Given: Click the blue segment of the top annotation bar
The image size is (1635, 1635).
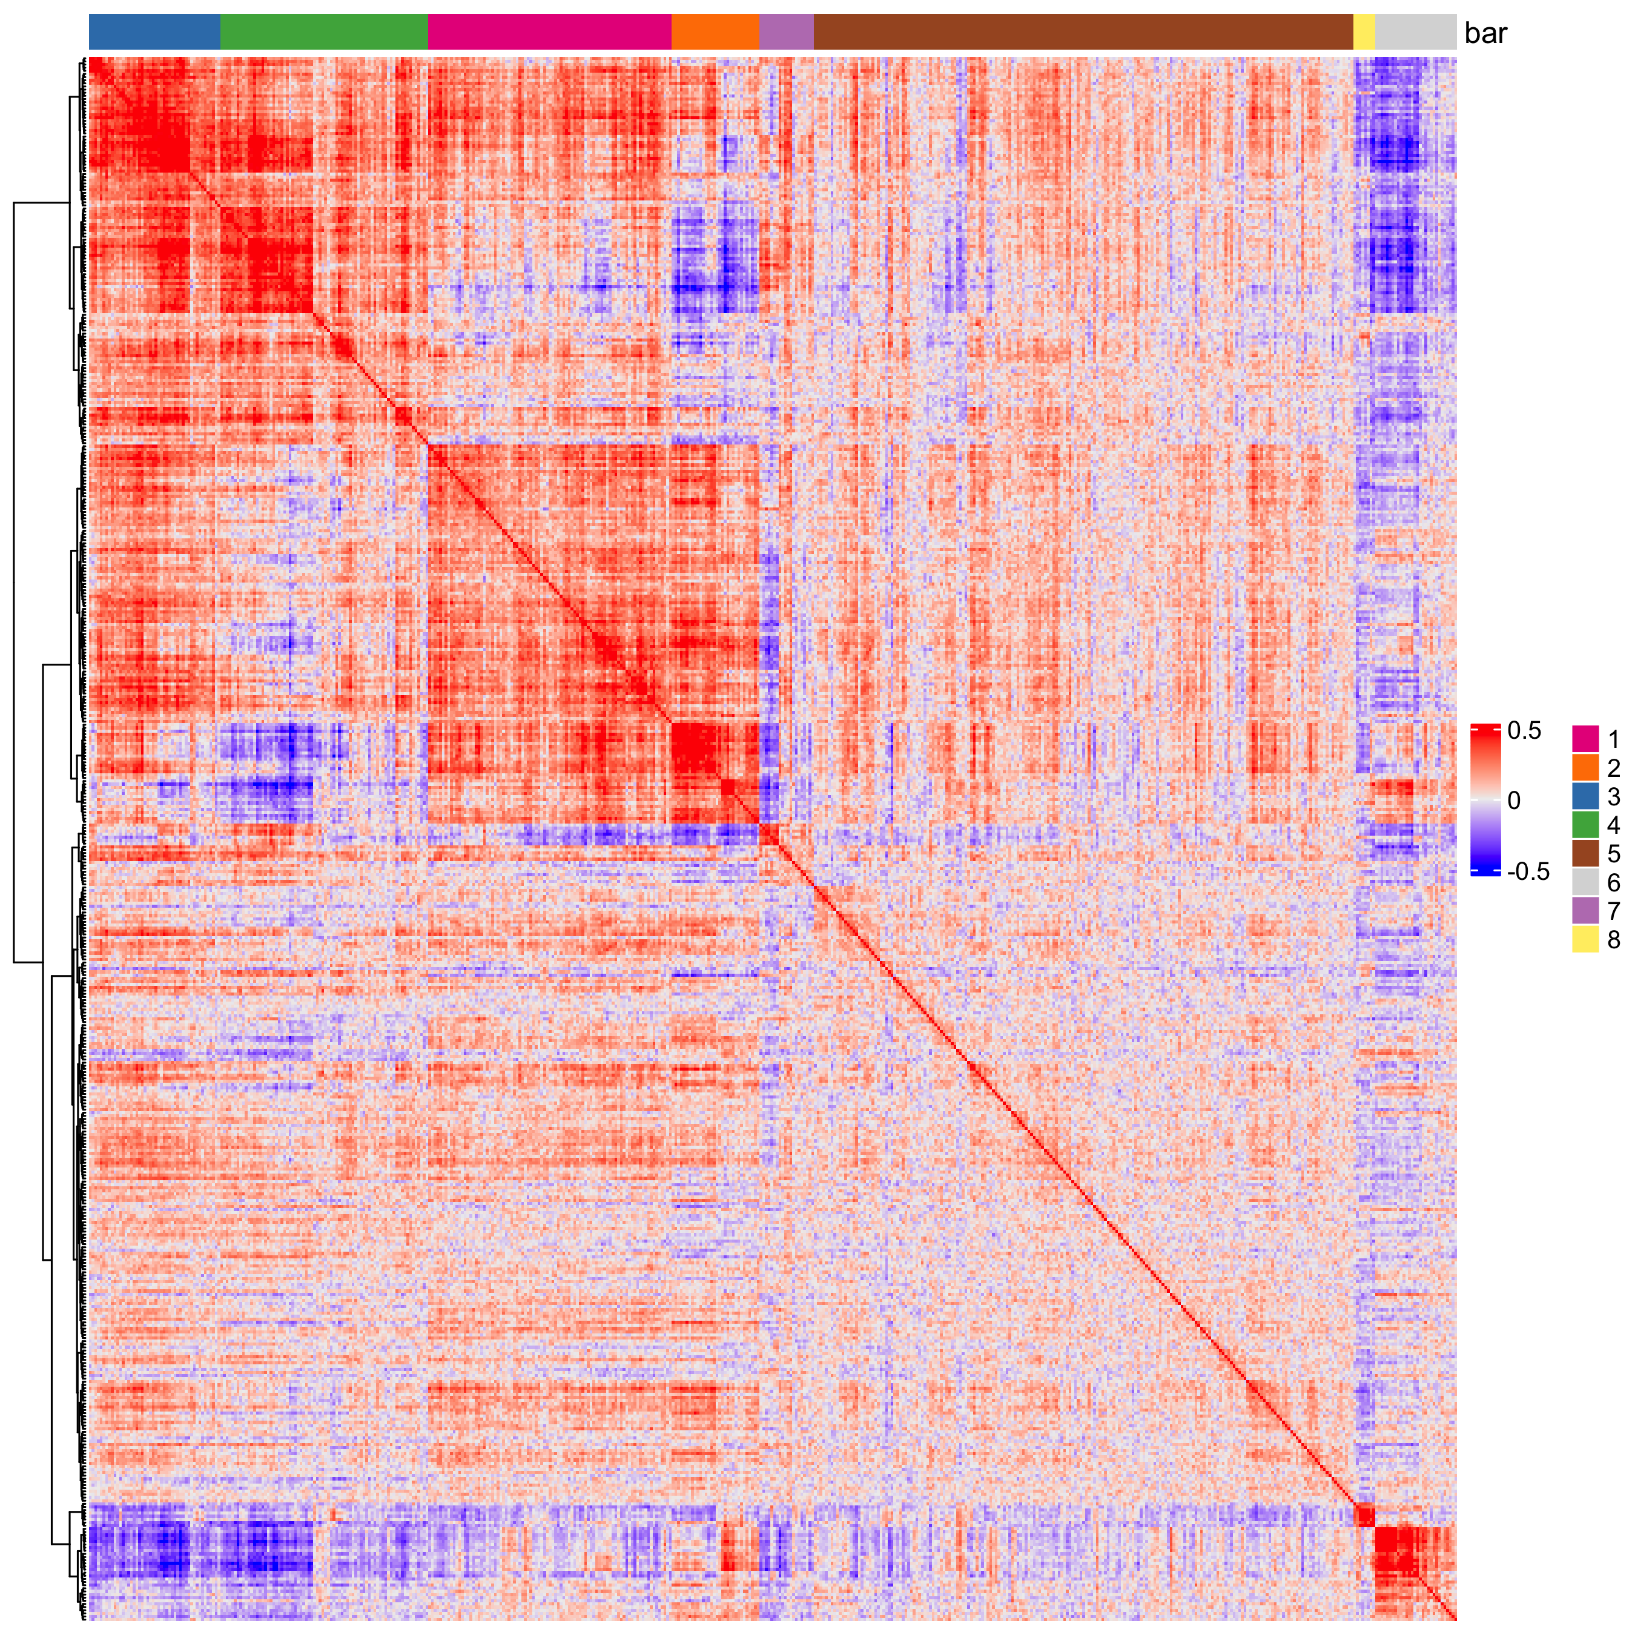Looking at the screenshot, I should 154,32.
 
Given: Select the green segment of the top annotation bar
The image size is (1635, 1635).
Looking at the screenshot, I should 324,32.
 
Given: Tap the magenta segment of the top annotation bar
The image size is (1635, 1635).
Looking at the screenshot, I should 549,32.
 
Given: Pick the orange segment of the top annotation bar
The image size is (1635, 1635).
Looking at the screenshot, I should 715,32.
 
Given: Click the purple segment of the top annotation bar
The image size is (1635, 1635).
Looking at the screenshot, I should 786,32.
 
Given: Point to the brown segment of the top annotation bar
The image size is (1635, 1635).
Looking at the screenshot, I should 1083,32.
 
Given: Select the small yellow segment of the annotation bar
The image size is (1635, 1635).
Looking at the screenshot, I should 1363,32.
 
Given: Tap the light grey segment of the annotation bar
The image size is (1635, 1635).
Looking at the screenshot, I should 1415,32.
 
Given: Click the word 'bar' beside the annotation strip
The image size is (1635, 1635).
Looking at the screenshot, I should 1485,34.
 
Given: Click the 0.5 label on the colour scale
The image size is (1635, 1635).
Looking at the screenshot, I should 1524,731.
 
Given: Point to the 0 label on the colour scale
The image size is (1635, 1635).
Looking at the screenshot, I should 1514,800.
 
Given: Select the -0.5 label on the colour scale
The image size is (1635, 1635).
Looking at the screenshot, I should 1528,871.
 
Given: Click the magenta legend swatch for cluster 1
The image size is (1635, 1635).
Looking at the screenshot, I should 1585,739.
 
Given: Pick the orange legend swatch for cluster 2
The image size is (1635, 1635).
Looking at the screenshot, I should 1585,768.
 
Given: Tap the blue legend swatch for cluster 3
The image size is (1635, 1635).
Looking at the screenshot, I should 1585,796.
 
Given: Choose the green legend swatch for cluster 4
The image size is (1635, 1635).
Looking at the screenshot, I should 1585,825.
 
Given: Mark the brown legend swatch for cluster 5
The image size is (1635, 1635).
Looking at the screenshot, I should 1585,854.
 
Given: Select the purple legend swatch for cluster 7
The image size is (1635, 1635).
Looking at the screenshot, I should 1585,911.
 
